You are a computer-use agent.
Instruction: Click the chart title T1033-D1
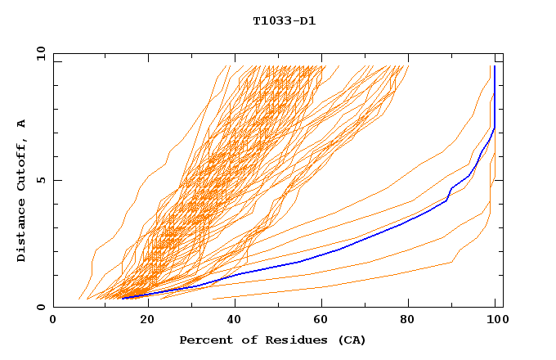coord(284,20)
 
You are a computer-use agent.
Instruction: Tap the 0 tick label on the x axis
coord(53,321)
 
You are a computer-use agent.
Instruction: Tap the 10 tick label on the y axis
coord(39,52)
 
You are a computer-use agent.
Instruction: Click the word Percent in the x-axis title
coord(204,340)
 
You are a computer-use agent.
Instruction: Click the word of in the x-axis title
coord(246,340)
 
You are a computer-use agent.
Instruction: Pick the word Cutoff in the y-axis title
coord(21,160)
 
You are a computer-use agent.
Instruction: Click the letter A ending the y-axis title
coord(21,123)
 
